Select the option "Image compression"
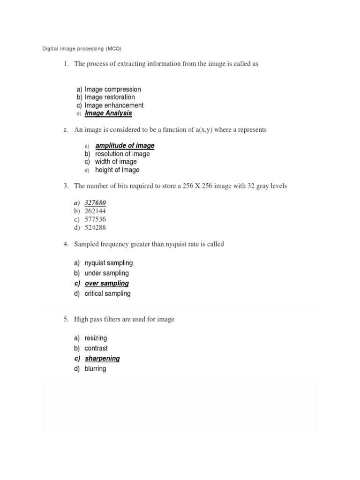tap(112, 89)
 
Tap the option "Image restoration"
tap(110, 97)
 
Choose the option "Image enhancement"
tap(114, 105)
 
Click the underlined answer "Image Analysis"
tap(108, 113)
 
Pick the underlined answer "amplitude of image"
tap(125, 146)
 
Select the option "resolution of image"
tap(122, 154)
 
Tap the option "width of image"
tap(116, 162)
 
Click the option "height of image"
tap(117, 170)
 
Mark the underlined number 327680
tap(95, 202)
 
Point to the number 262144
tap(95, 211)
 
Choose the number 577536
tap(95, 219)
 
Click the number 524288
tap(95, 228)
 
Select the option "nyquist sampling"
tap(109, 263)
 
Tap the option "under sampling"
tap(106, 273)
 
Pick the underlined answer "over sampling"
tap(106, 283)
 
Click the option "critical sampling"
tap(108, 293)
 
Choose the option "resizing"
tap(96, 338)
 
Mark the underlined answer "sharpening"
tap(102, 358)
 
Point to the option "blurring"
tap(95, 368)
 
